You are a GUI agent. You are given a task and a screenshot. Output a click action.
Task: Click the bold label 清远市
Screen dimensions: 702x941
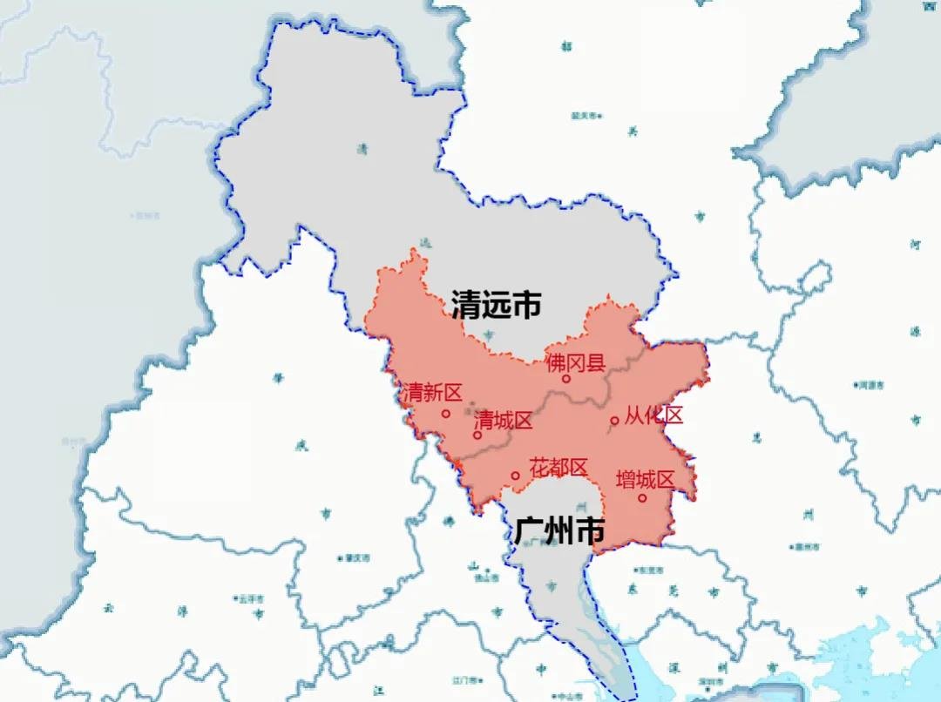(x=496, y=305)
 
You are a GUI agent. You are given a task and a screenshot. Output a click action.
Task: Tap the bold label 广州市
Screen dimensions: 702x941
(x=559, y=530)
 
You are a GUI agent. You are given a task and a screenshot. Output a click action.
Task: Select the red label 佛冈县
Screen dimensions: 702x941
(x=575, y=363)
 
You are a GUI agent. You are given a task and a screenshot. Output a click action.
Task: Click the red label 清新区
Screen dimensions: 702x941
(x=431, y=394)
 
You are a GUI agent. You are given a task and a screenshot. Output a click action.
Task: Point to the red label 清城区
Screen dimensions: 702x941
(x=503, y=421)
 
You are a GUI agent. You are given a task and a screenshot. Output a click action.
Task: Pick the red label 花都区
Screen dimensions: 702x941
(x=559, y=468)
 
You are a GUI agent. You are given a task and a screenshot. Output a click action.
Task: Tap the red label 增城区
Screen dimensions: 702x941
(x=646, y=479)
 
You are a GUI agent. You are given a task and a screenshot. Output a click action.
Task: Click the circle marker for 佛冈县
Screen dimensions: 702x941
(x=565, y=379)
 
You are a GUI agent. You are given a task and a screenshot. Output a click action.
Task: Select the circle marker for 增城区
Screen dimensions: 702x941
(x=642, y=498)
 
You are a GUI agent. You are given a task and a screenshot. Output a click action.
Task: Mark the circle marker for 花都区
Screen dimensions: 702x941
(x=515, y=476)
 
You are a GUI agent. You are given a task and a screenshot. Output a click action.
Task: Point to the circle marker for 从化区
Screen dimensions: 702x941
(x=614, y=421)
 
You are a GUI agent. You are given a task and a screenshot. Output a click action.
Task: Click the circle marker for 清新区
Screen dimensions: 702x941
(x=446, y=414)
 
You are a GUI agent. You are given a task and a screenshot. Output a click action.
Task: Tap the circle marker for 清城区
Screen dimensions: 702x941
(x=477, y=435)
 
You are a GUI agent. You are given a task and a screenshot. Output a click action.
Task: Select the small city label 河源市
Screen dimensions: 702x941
(x=870, y=384)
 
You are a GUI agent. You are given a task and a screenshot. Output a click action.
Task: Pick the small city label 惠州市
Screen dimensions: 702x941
(x=807, y=547)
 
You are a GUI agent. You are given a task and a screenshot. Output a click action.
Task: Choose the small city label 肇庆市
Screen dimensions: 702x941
(x=357, y=557)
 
